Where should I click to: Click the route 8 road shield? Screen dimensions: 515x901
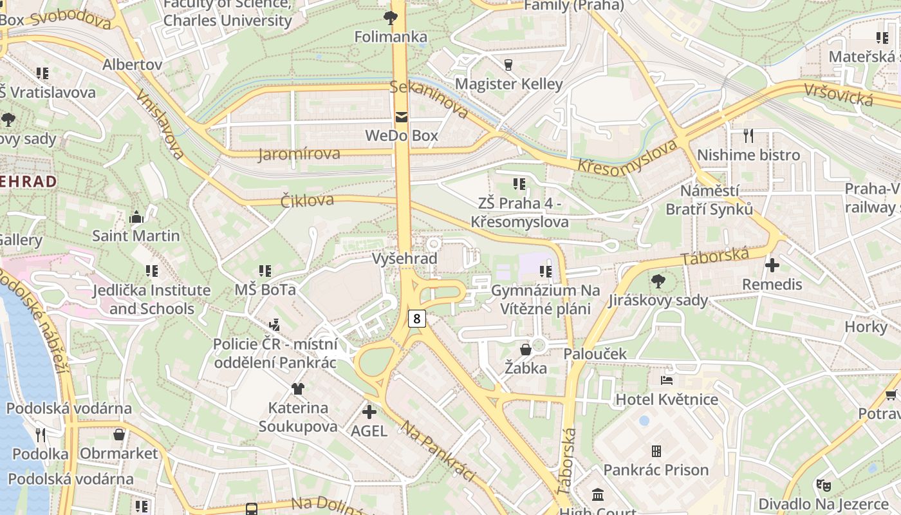(x=417, y=318)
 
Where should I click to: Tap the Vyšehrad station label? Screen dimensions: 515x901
(x=405, y=259)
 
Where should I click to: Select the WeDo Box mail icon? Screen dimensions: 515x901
(x=402, y=117)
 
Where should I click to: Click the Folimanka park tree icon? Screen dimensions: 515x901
(x=390, y=17)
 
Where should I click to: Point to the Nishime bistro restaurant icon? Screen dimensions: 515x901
(x=748, y=136)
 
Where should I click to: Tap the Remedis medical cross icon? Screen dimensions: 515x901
(x=772, y=265)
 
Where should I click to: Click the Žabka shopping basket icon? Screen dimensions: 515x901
(x=526, y=350)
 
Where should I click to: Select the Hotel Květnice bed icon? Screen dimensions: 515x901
(x=667, y=380)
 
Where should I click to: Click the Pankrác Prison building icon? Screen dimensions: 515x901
(x=656, y=451)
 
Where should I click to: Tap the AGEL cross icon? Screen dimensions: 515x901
(x=369, y=411)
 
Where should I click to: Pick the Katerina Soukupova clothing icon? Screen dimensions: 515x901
(x=297, y=388)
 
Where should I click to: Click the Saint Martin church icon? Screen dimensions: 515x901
(x=136, y=217)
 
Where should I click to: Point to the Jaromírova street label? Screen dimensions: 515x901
(x=299, y=154)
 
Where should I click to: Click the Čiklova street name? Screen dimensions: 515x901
(x=307, y=201)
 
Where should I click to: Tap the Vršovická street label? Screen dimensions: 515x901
(x=838, y=95)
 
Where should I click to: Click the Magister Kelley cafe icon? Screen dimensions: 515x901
(x=508, y=64)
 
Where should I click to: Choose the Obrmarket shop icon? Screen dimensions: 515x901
(x=119, y=435)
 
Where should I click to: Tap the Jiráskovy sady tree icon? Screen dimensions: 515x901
(x=658, y=281)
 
